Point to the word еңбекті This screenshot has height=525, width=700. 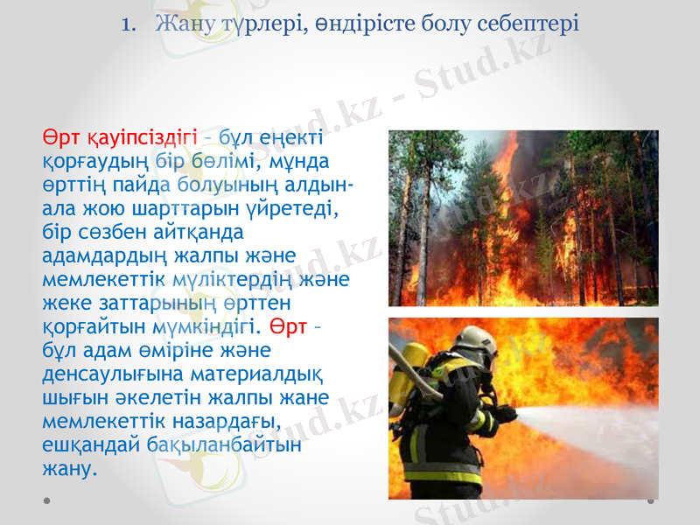pyautogui.click(x=295, y=139)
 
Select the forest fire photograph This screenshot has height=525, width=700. pyautogui.click(x=522, y=218)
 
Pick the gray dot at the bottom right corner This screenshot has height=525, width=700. pyautogui.click(x=651, y=501)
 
